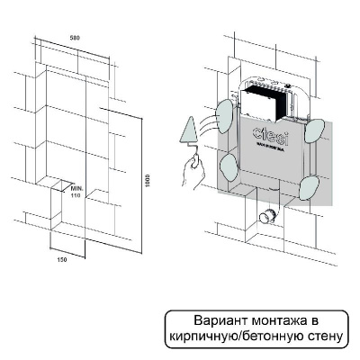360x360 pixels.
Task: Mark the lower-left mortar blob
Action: pos(227,164)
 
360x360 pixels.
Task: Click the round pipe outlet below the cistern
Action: pos(266,217)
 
